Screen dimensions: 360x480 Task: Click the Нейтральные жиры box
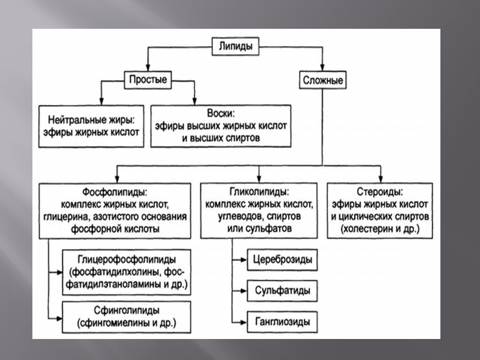click(x=92, y=126)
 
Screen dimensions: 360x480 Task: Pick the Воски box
click(x=221, y=126)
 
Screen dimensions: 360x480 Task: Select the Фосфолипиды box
click(x=116, y=211)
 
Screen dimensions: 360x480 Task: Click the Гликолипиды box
click(x=259, y=211)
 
